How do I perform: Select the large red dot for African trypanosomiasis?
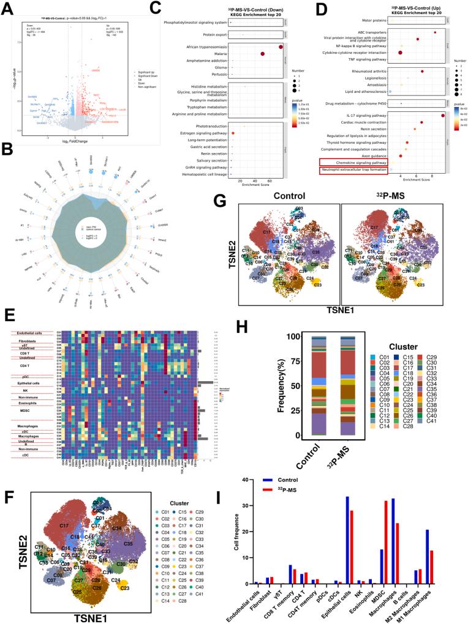[281, 46]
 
